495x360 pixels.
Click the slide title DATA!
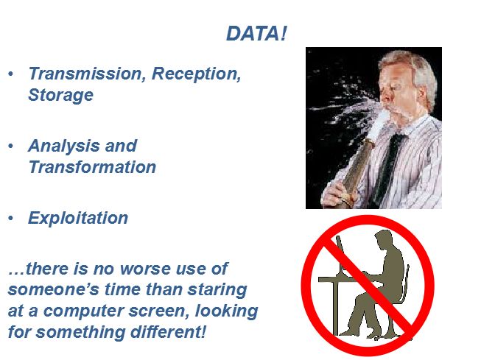(256, 33)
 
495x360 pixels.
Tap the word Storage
(60, 95)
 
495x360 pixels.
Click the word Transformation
(92, 167)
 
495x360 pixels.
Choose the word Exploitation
(78, 218)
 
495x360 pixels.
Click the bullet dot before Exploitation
(11, 218)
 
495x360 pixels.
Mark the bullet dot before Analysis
(11, 146)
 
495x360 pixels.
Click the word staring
(217, 290)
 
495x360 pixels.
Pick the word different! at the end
(168, 332)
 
